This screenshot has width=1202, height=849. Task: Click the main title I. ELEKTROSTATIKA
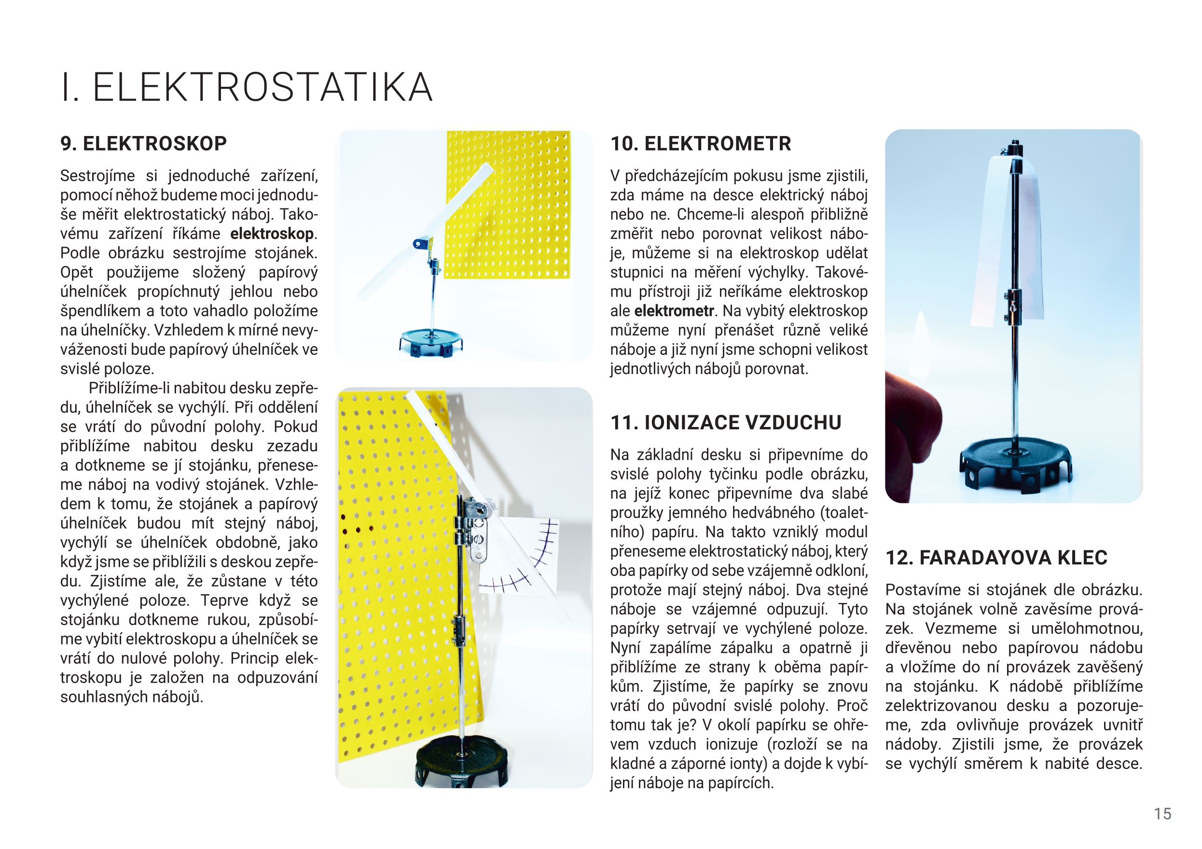247,87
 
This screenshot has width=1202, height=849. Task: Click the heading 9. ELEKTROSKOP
143,143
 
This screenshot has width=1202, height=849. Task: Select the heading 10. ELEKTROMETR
701,143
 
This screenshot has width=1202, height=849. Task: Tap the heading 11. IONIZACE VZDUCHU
726,423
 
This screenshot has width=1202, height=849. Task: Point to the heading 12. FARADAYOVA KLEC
996,558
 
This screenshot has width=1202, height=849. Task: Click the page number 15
1162,814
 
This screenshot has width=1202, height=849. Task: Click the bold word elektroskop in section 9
272,233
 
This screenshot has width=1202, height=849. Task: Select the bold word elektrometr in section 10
674,311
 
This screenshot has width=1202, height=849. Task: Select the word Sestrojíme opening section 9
97,176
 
